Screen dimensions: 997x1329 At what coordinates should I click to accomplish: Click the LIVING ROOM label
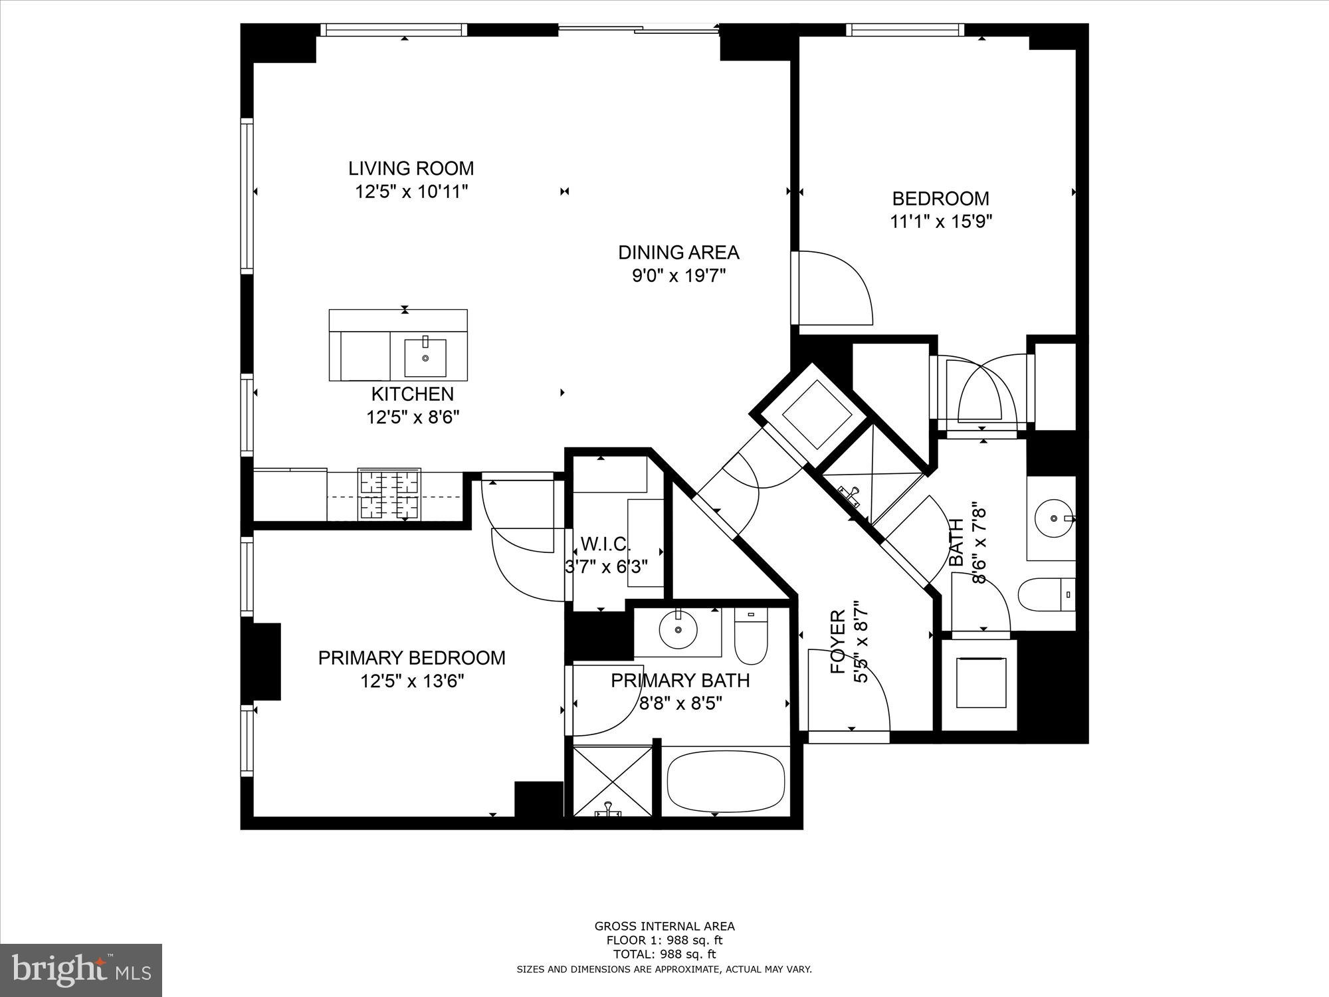[x=411, y=168]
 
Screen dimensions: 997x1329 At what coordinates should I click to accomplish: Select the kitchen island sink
[x=425, y=358]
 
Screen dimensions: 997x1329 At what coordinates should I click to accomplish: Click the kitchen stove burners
[x=389, y=494]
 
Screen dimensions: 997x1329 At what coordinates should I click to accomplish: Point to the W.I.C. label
[x=605, y=544]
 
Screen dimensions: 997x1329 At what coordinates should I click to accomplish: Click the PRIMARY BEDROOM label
[x=411, y=658]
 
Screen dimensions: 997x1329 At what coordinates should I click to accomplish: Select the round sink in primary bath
[x=678, y=629]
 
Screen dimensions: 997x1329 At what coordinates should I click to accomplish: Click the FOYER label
[x=839, y=642]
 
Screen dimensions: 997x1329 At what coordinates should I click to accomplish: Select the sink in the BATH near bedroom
[x=1053, y=518]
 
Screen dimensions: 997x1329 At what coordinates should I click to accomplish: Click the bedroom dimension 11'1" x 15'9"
[x=941, y=221]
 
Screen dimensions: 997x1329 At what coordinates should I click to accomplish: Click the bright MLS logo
[x=80, y=970]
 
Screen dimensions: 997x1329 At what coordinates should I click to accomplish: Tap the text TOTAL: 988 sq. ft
[x=664, y=954]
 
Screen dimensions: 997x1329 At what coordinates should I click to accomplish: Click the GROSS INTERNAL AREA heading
[x=664, y=927]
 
